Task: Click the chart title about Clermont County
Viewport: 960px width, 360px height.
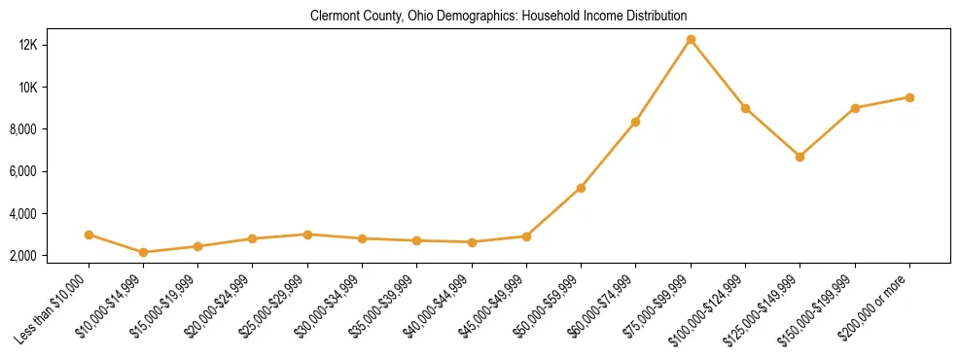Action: pos(498,17)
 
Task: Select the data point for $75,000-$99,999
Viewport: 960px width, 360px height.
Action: pos(691,40)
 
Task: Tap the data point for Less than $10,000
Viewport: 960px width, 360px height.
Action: pos(89,234)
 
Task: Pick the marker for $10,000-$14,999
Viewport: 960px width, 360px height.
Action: pos(144,252)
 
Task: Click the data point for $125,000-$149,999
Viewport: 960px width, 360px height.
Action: pos(800,157)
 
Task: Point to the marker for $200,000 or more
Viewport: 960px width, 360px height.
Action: pos(909,97)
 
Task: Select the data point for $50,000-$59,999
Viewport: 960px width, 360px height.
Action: pos(581,188)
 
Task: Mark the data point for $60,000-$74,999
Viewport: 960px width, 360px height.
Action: pos(635,122)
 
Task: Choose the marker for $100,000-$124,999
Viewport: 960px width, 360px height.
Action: pos(745,108)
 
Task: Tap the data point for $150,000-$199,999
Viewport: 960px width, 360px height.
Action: pos(855,108)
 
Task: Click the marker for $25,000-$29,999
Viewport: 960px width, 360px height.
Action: pos(307,234)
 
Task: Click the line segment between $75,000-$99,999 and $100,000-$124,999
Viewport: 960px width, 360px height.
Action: pos(718,74)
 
